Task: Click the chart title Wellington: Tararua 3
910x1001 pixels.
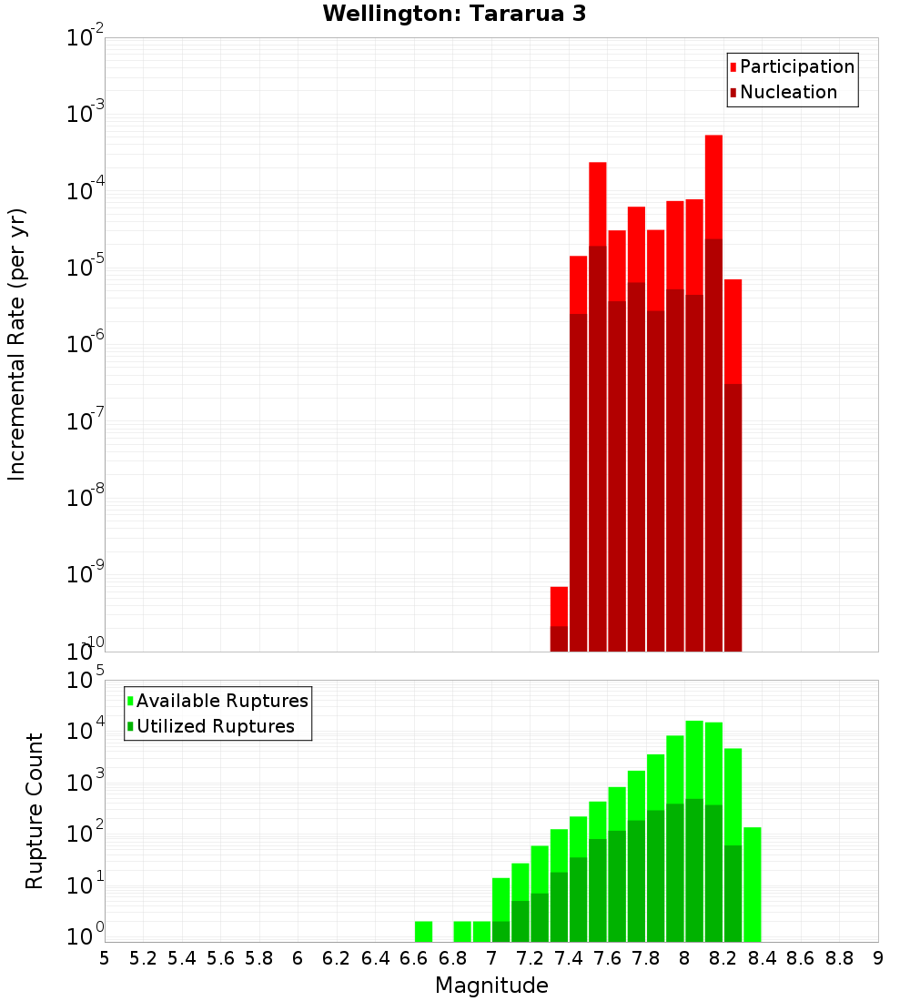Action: (x=453, y=14)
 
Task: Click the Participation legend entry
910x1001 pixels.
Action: (x=796, y=67)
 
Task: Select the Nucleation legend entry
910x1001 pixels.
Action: (x=787, y=93)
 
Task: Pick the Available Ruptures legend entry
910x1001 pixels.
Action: (x=221, y=702)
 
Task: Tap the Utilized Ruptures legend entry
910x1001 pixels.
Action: (x=215, y=727)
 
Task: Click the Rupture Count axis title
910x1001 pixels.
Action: (x=35, y=811)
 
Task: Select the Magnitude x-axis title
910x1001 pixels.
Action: (x=491, y=986)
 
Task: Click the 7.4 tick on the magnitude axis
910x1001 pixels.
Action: (x=569, y=958)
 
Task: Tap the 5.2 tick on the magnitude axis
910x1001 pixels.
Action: (x=143, y=958)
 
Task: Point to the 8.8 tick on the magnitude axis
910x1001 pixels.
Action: (x=839, y=958)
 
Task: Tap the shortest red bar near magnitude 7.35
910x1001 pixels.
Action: (x=559, y=606)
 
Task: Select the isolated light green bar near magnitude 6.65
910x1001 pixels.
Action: (x=423, y=932)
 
